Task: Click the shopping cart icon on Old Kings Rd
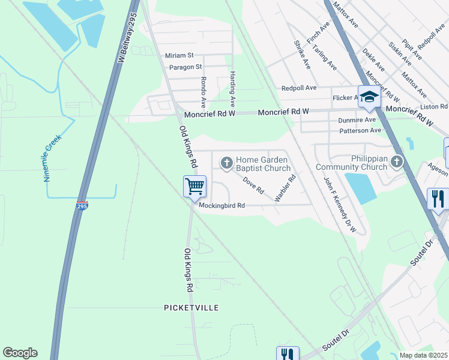click(194, 186)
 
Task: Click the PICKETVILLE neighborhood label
click(191, 307)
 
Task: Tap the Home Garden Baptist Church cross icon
click(227, 162)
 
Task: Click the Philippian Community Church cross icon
click(396, 161)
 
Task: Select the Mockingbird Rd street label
click(222, 205)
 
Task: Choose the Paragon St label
click(185, 67)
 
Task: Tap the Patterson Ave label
click(360, 130)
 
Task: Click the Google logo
click(20, 353)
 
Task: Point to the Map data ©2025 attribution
click(424, 355)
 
